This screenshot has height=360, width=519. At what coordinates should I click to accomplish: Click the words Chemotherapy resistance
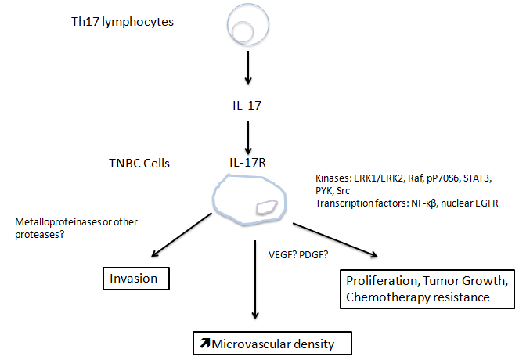[423, 298]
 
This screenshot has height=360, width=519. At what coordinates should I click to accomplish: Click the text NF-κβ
[425, 203]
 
